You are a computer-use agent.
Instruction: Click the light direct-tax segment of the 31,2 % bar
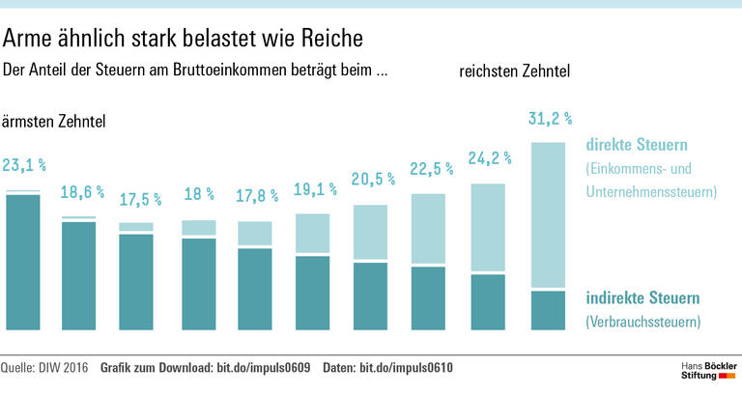pos(548,214)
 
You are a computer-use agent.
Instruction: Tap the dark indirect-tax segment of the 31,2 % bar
pos(548,309)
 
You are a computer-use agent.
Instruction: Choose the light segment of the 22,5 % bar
pos(430,229)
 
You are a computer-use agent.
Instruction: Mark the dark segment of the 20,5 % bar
pos(372,295)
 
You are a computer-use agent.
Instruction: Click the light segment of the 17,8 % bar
pos(256,233)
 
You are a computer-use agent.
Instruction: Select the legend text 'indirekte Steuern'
pos(642,297)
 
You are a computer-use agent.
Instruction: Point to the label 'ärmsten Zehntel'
pos(54,122)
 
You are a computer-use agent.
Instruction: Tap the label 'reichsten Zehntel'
pos(514,71)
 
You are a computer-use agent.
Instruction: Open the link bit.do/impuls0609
pos(271,368)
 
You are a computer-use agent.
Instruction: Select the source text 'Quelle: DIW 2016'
pos(45,368)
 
